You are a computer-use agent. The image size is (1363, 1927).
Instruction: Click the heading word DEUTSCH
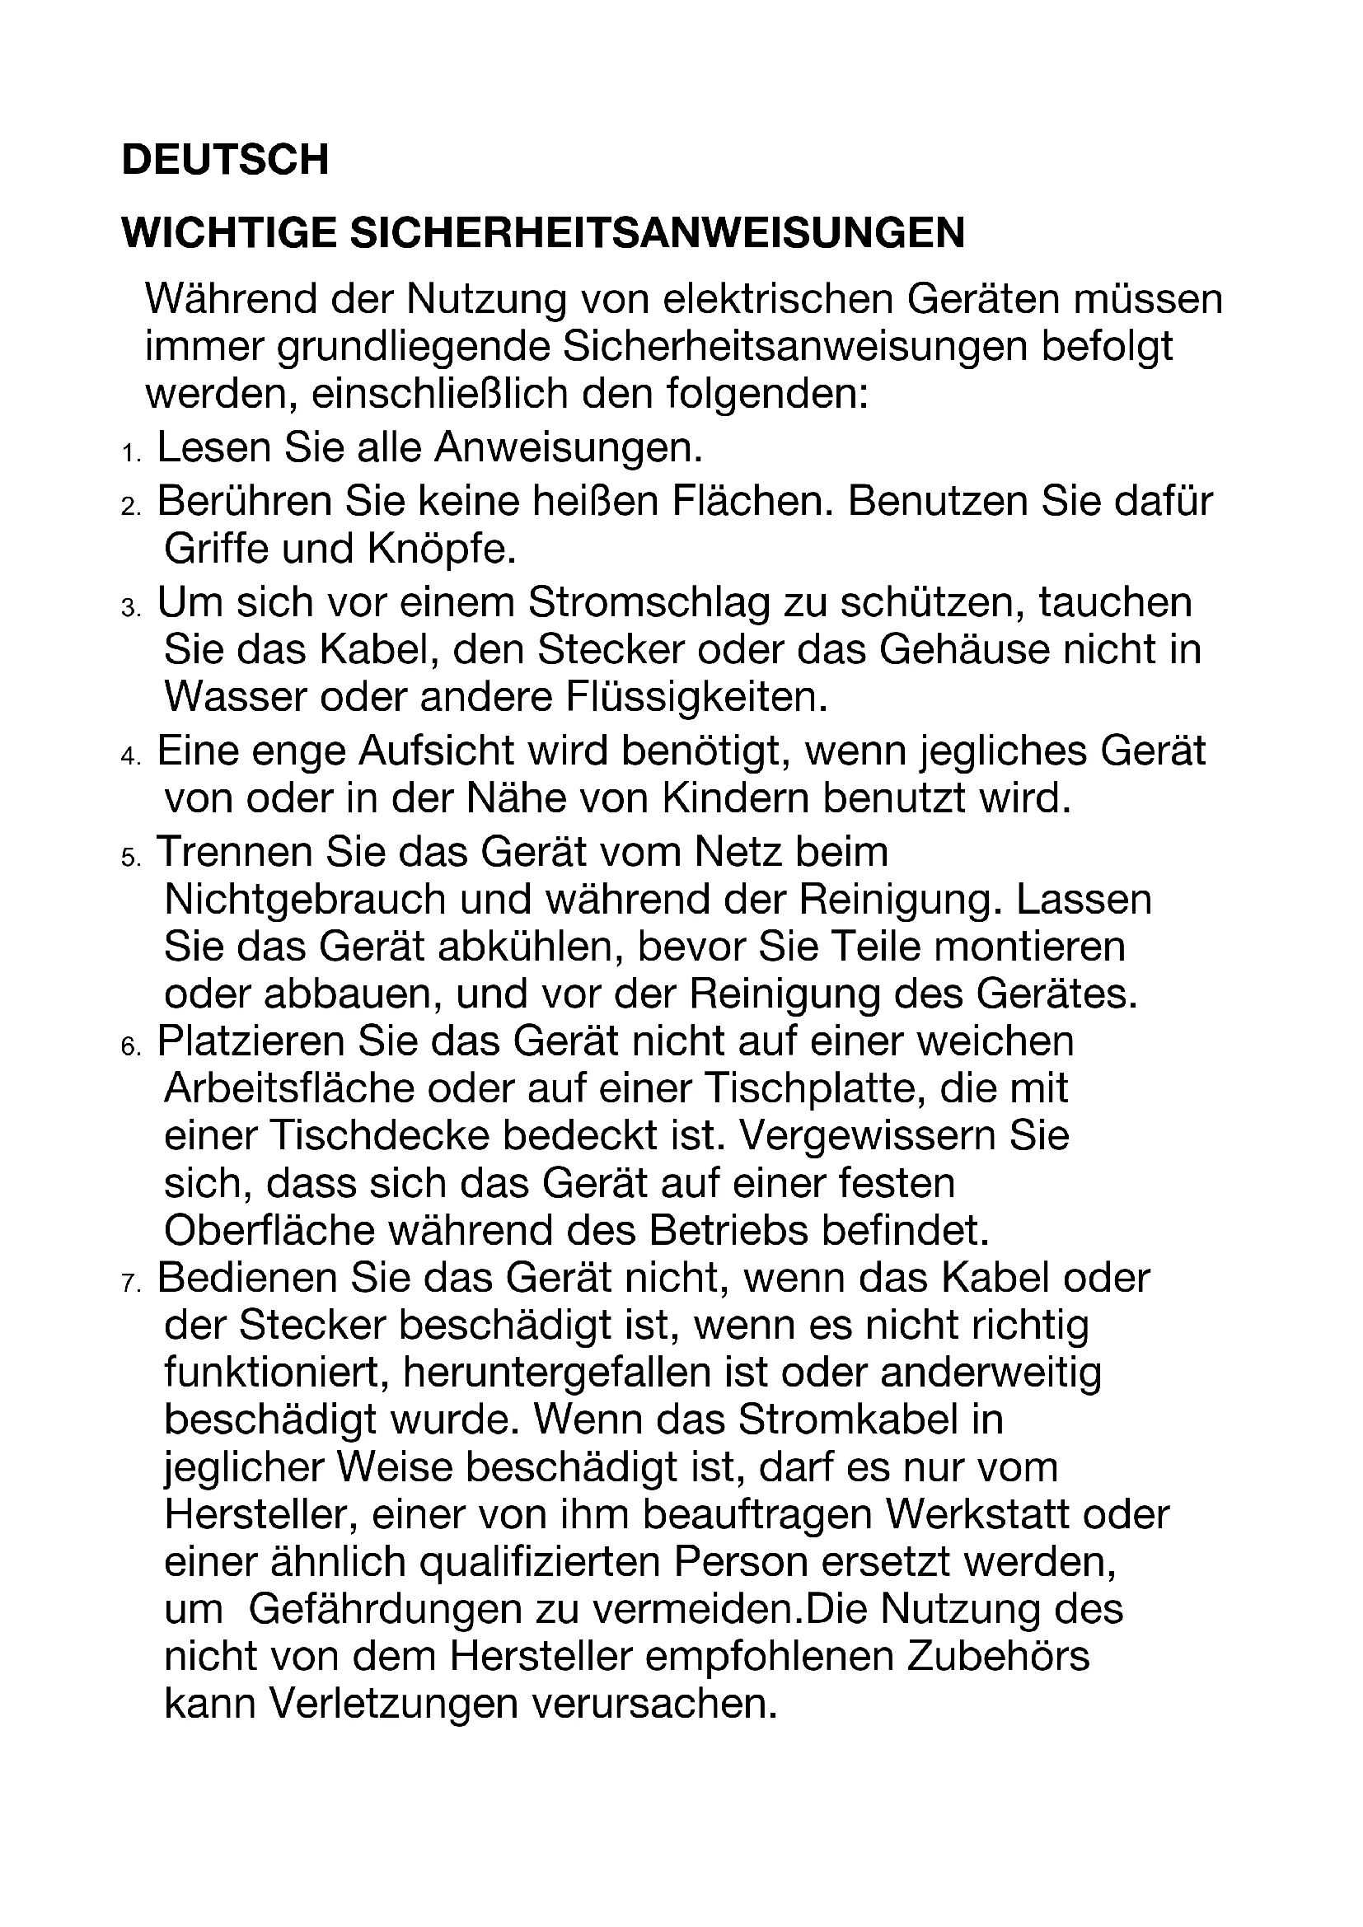[225, 160]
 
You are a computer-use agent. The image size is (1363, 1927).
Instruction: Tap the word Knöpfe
[441, 549]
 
